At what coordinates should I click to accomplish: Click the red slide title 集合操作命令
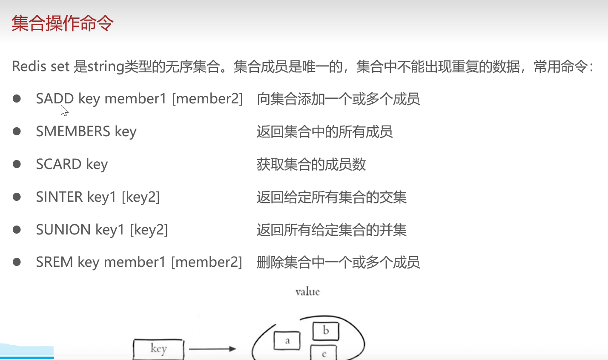(x=63, y=23)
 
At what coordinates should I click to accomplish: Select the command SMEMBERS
(x=73, y=131)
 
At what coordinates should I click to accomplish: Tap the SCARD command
(x=59, y=164)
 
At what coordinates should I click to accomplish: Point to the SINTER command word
(x=59, y=197)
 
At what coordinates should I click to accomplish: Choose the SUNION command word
(x=63, y=230)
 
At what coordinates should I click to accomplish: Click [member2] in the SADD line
(x=207, y=99)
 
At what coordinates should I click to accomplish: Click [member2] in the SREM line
(x=206, y=262)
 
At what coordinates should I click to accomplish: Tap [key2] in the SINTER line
(x=141, y=197)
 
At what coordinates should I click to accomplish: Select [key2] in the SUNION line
(x=149, y=230)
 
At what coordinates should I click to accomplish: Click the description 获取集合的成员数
(x=311, y=164)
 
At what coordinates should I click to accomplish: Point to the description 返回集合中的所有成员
(x=324, y=131)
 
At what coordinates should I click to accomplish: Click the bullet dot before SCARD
(x=17, y=164)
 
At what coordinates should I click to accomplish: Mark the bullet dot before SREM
(x=17, y=262)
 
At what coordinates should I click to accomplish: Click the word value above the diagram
(x=307, y=291)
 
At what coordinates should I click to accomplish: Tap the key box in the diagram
(x=158, y=349)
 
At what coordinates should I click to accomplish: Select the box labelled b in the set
(x=326, y=331)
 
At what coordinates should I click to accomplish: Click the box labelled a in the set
(x=287, y=341)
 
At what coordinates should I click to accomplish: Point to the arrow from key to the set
(x=212, y=349)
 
